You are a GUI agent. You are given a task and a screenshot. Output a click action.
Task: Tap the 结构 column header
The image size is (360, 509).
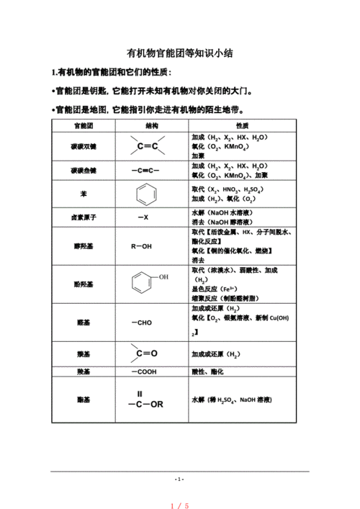(x=152, y=125)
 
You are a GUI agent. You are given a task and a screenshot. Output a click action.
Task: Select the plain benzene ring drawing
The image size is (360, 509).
(x=146, y=194)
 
